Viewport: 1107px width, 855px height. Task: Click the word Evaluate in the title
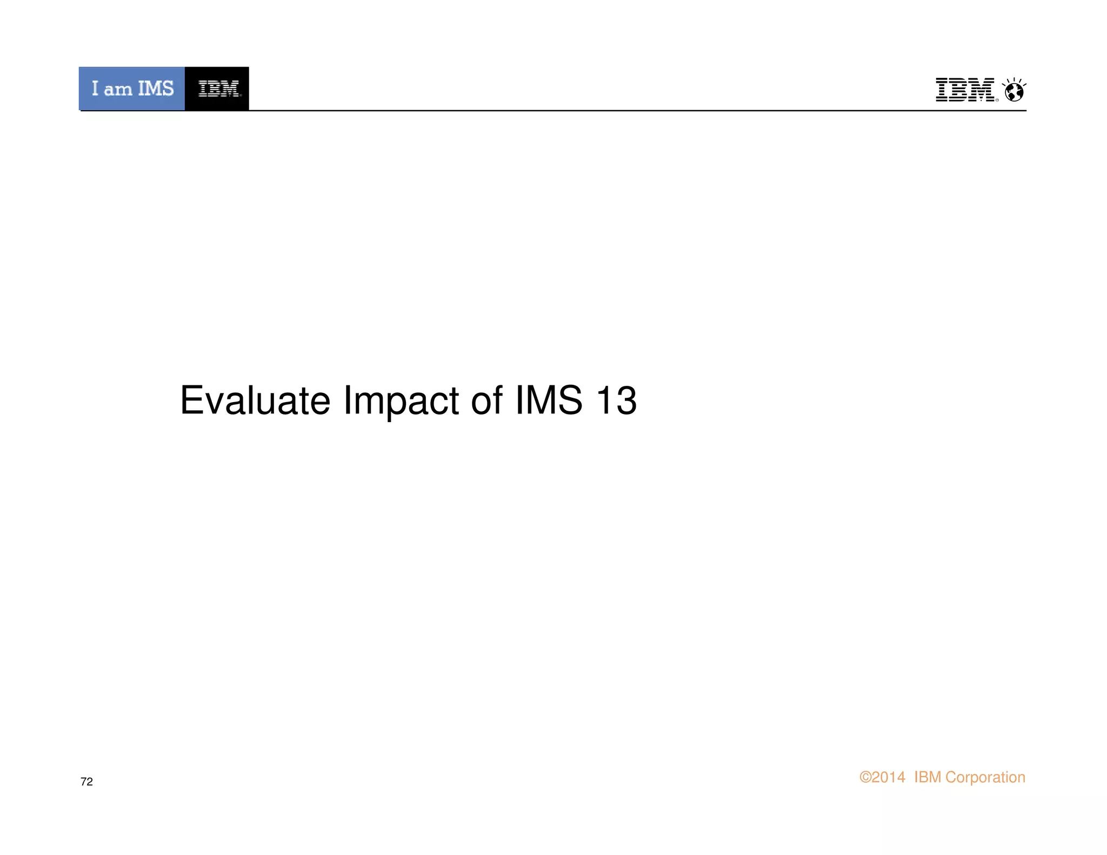pos(255,400)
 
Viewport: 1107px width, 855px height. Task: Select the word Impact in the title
pos(401,402)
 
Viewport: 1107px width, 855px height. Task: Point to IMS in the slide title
pos(549,400)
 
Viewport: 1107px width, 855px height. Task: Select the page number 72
pos(86,781)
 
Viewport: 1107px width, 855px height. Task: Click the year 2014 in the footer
pos(888,777)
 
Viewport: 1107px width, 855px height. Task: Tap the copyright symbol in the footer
pos(865,777)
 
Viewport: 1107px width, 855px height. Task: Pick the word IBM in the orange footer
pos(928,777)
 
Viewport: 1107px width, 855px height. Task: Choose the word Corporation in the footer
pos(985,777)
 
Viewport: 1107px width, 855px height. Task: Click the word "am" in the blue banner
pos(118,89)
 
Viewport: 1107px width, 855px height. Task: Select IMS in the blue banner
pos(156,88)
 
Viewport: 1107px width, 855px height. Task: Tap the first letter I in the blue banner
pos(95,88)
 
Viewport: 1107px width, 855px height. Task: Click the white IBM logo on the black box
pos(218,89)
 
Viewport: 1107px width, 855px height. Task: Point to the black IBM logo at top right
pos(965,90)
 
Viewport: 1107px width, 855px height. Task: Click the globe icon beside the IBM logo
pos(1014,91)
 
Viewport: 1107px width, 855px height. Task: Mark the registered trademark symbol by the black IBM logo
pos(997,100)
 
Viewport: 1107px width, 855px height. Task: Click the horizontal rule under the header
pos(595,110)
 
